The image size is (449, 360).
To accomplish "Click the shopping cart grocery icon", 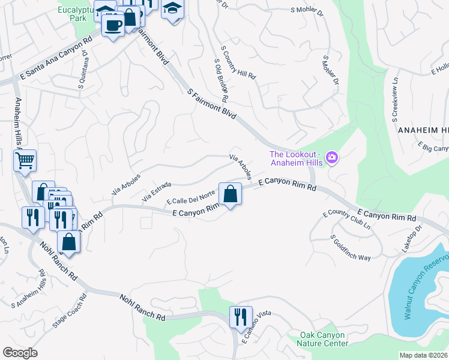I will [25, 160].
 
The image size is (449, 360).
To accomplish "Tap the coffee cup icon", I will [112, 25].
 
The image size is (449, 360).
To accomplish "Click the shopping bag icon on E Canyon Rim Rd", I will [230, 194].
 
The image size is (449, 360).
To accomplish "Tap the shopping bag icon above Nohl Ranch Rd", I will [69, 242].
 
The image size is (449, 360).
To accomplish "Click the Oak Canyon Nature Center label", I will [322, 339].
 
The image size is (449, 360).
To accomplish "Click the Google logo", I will [20, 352].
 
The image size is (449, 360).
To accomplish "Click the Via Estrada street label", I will [157, 191].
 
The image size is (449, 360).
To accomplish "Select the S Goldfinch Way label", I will [351, 247].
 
